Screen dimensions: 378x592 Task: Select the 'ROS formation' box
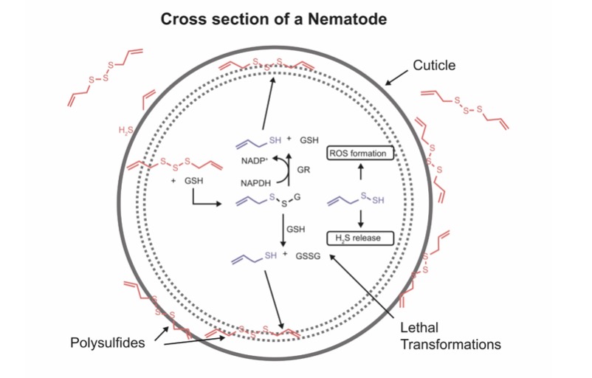click(x=359, y=154)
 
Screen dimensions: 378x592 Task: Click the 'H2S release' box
click(x=359, y=238)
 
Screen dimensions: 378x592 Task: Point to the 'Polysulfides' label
click(x=106, y=343)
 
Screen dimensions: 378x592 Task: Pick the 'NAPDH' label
click(x=254, y=181)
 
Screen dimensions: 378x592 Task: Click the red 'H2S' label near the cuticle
click(x=126, y=131)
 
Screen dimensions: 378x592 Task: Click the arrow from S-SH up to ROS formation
click(x=359, y=175)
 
